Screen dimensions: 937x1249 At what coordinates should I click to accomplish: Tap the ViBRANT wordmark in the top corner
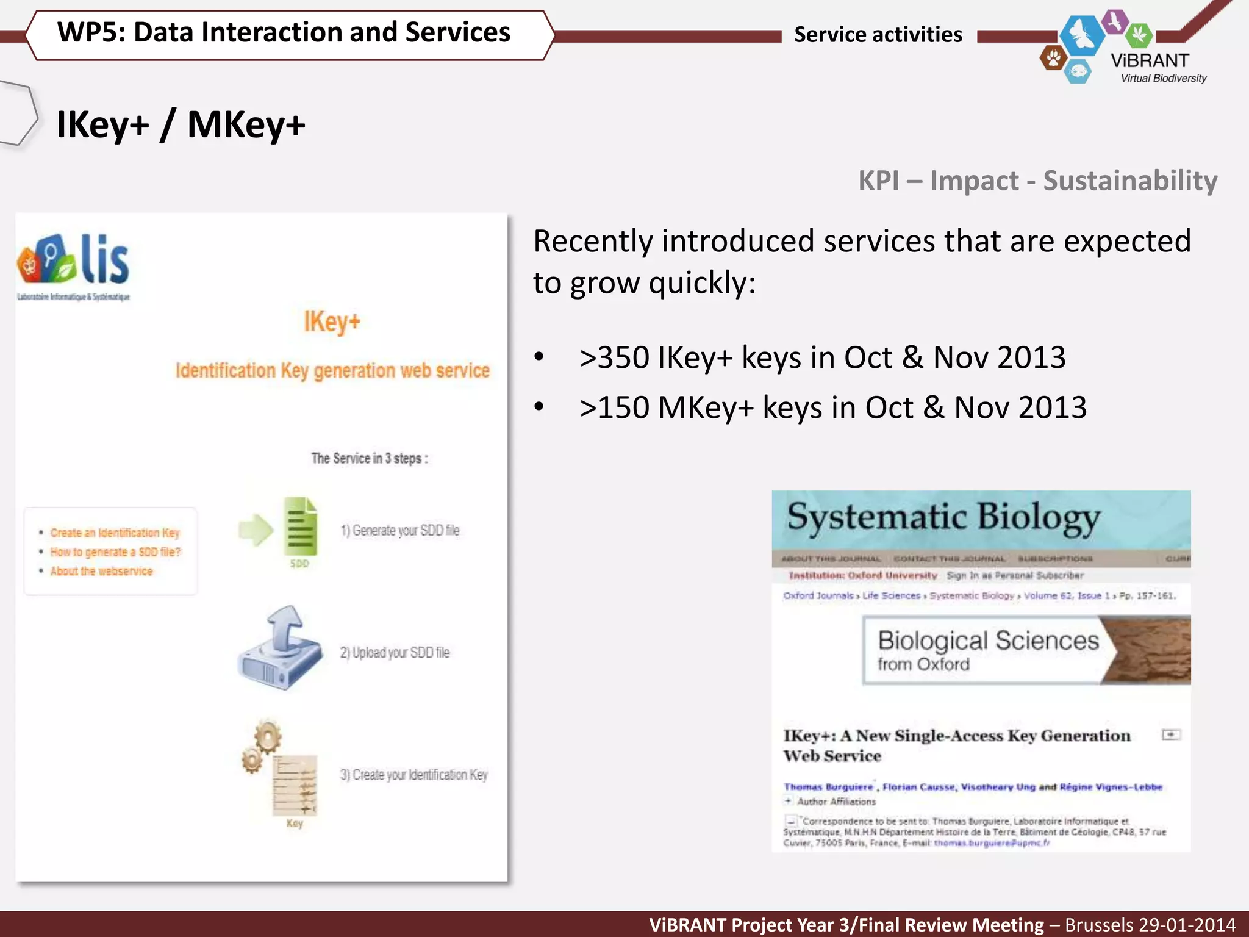[1150, 61]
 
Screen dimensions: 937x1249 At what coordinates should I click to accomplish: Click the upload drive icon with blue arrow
[280, 649]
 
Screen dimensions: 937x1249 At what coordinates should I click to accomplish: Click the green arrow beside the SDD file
[256, 530]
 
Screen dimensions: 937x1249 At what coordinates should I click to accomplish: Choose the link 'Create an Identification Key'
[115, 533]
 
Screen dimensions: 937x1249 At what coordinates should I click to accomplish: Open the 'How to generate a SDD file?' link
[115, 552]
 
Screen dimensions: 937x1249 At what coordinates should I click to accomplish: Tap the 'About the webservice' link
[101, 572]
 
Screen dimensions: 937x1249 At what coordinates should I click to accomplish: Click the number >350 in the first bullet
[614, 357]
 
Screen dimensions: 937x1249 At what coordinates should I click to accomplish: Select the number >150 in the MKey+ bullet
[614, 407]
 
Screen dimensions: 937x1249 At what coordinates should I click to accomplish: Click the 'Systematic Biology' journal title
[943, 518]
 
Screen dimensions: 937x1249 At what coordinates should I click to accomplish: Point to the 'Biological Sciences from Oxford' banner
[988, 650]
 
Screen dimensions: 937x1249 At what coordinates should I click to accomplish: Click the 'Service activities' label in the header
[878, 35]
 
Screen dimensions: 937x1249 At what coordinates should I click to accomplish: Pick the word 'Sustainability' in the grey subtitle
[1130, 181]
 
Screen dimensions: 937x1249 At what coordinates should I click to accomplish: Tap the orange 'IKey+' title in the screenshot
[332, 321]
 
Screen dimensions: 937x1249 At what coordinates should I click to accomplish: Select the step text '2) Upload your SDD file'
[395, 653]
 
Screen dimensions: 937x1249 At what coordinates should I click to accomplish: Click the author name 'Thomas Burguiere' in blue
[828, 787]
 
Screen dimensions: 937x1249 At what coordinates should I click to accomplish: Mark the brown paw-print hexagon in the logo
[1053, 59]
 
